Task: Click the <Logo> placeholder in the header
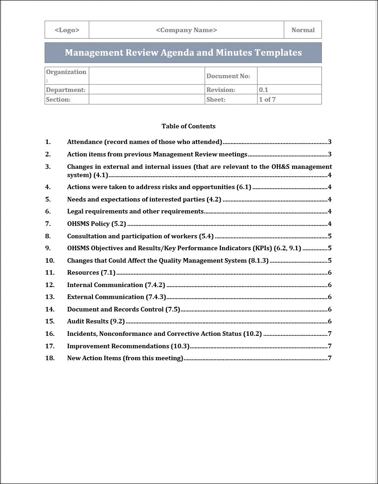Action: [x=67, y=30]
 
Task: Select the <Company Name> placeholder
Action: [x=186, y=30]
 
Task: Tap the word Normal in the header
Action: [x=303, y=30]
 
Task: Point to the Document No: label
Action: [x=228, y=76]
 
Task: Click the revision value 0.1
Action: [x=263, y=90]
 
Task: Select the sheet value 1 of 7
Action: [x=267, y=99]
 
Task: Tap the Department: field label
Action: [x=65, y=90]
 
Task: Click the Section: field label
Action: [x=58, y=99]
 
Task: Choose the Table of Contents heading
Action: [x=189, y=126]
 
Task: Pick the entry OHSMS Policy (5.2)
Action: [x=97, y=224]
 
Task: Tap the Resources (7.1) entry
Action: [x=92, y=272]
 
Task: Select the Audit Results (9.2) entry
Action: [x=96, y=321]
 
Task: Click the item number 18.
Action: [x=50, y=358]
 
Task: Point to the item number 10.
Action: [x=50, y=260]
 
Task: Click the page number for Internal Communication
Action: [x=330, y=285]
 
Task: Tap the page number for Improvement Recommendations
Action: [x=330, y=346]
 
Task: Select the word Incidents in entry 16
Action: [x=81, y=334]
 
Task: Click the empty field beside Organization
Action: [x=147, y=76]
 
